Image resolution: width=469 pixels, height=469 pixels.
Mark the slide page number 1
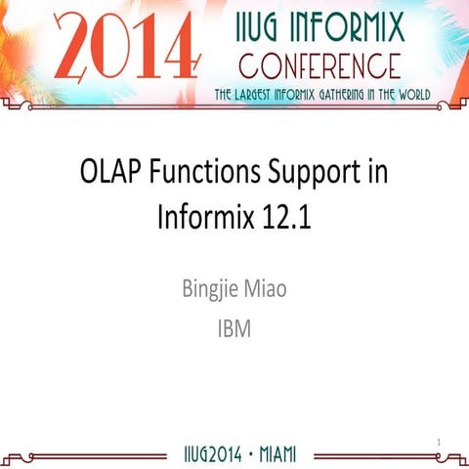(440, 443)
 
